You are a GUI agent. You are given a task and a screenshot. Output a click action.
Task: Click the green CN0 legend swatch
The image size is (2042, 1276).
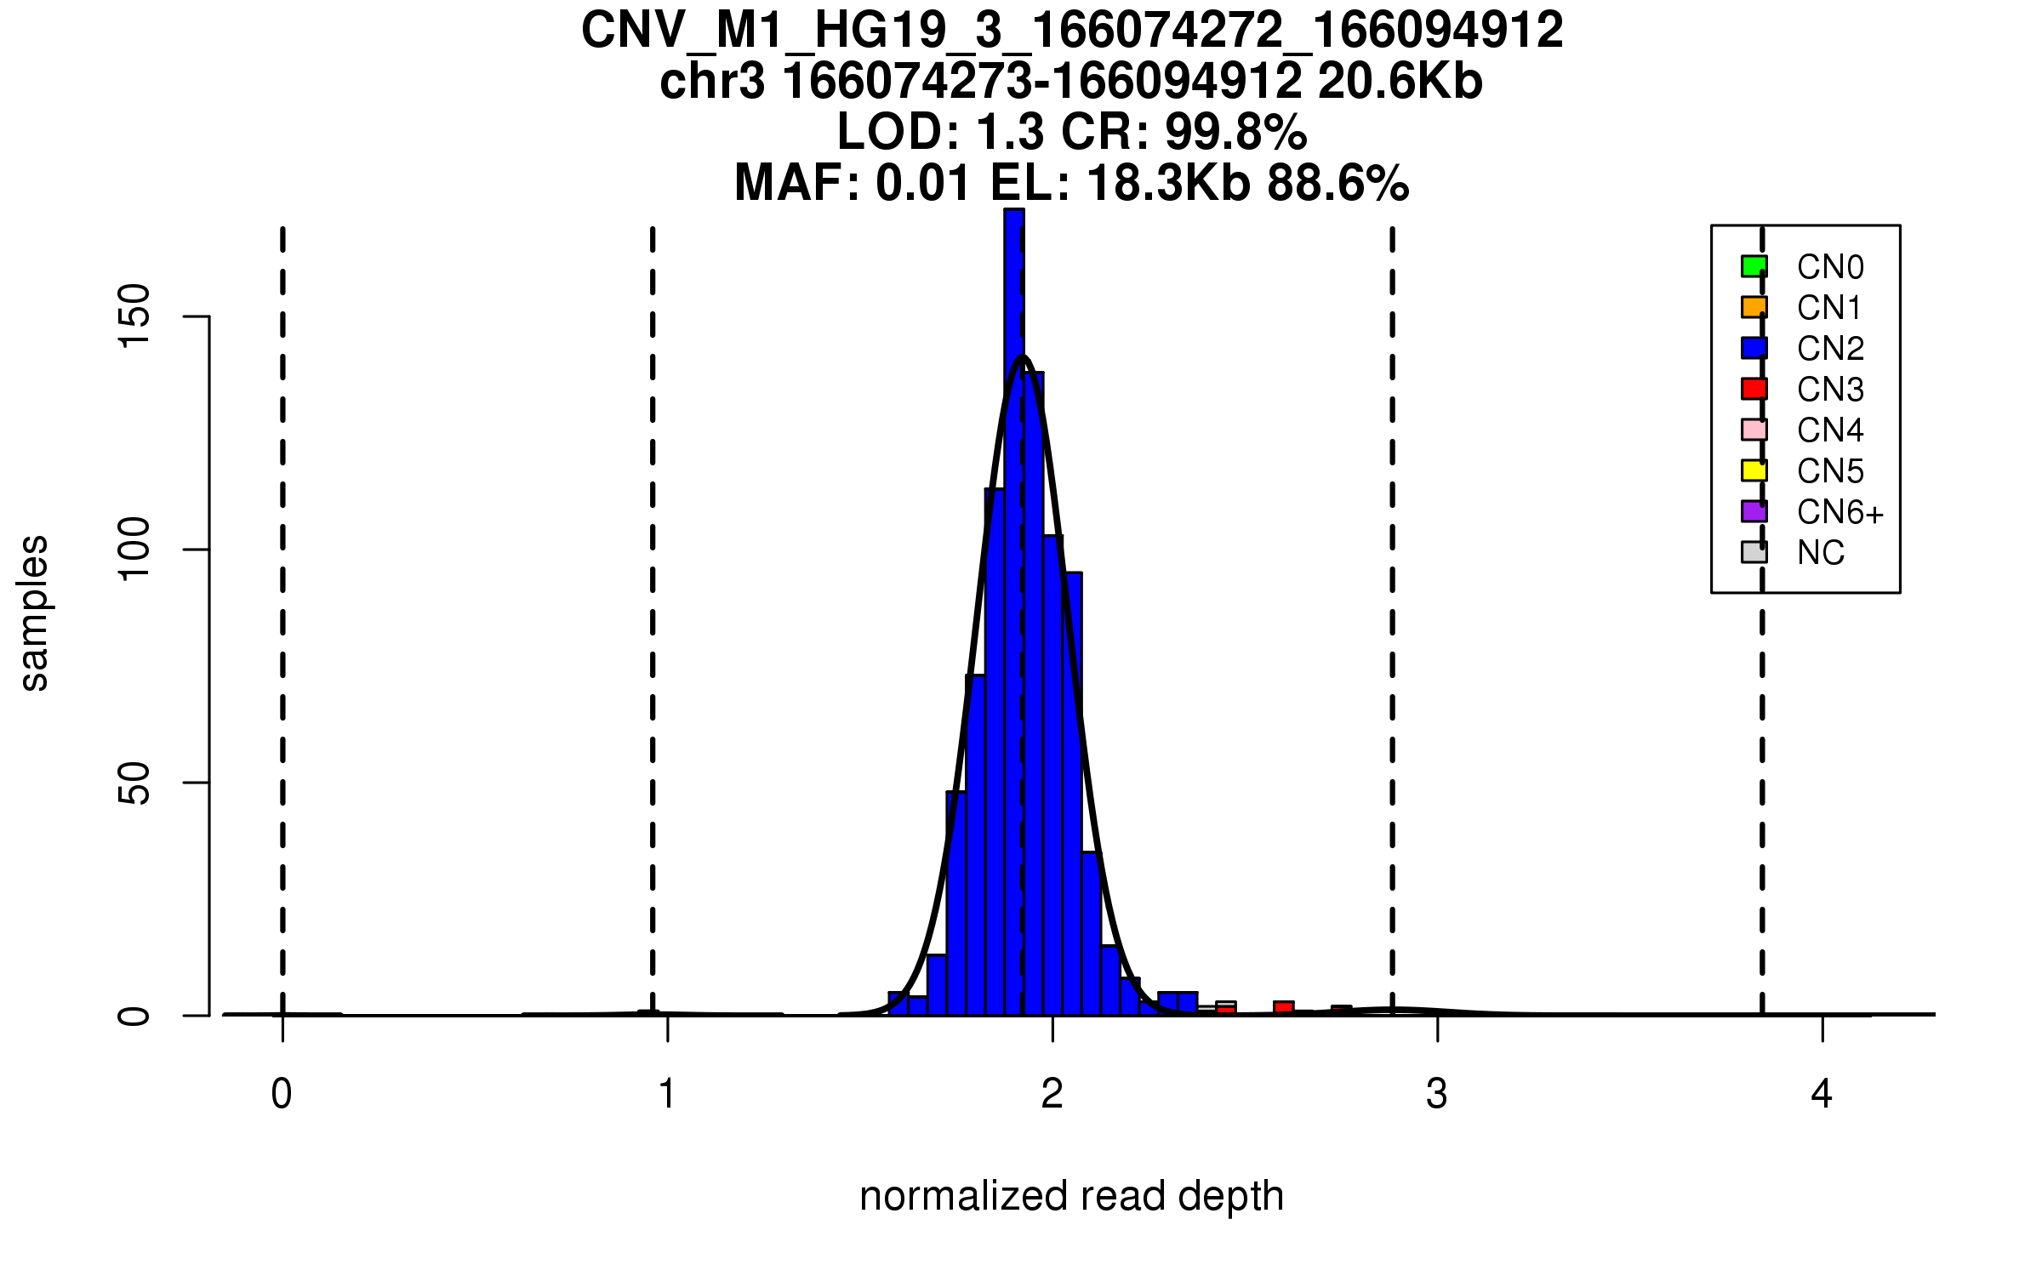(x=1754, y=266)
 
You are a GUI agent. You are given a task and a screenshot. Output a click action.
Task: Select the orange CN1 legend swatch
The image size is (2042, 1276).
(x=1754, y=307)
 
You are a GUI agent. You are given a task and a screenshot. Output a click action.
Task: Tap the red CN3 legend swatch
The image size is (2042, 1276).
(x=1754, y=389)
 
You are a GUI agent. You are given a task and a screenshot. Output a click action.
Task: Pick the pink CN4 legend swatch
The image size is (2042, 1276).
(x=1754, y=430)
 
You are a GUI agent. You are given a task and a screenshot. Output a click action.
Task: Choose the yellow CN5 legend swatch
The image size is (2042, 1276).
(x=1754, y=470)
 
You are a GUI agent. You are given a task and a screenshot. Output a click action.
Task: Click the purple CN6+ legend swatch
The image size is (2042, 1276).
(x=1754, y=511)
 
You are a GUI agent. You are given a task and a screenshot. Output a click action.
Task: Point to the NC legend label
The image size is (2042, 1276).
(x=1820, y=553)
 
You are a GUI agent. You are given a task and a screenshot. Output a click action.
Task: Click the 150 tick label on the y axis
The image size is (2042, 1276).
(x=134, y=316)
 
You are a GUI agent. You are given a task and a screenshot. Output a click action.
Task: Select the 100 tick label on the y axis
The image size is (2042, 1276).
(x=134, y=550)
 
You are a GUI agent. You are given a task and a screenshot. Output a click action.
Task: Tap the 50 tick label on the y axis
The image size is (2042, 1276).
(x=134, y=783)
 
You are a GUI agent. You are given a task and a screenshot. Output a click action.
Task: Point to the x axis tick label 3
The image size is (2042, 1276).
(x=1437, y=1094)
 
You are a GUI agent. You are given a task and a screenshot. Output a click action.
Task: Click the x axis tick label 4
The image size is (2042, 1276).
(x=1822, y=1094)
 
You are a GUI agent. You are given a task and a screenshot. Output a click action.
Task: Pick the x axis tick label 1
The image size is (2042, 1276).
(x=667, y=1094)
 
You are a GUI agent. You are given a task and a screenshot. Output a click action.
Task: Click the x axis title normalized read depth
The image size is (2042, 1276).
(x=1071, y=1196)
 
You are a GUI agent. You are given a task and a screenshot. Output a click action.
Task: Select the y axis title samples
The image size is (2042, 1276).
(x=34, y=612)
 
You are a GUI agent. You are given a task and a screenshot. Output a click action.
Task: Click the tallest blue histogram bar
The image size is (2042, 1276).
(x=1013, y=595)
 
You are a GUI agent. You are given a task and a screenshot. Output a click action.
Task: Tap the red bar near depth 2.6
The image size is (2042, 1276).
(x=1283, y=1008)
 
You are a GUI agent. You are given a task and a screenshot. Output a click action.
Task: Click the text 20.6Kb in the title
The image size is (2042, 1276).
(x=1400, y=82)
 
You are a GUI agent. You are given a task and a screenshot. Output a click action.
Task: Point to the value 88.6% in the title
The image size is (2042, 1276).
(x=1338, y=183)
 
